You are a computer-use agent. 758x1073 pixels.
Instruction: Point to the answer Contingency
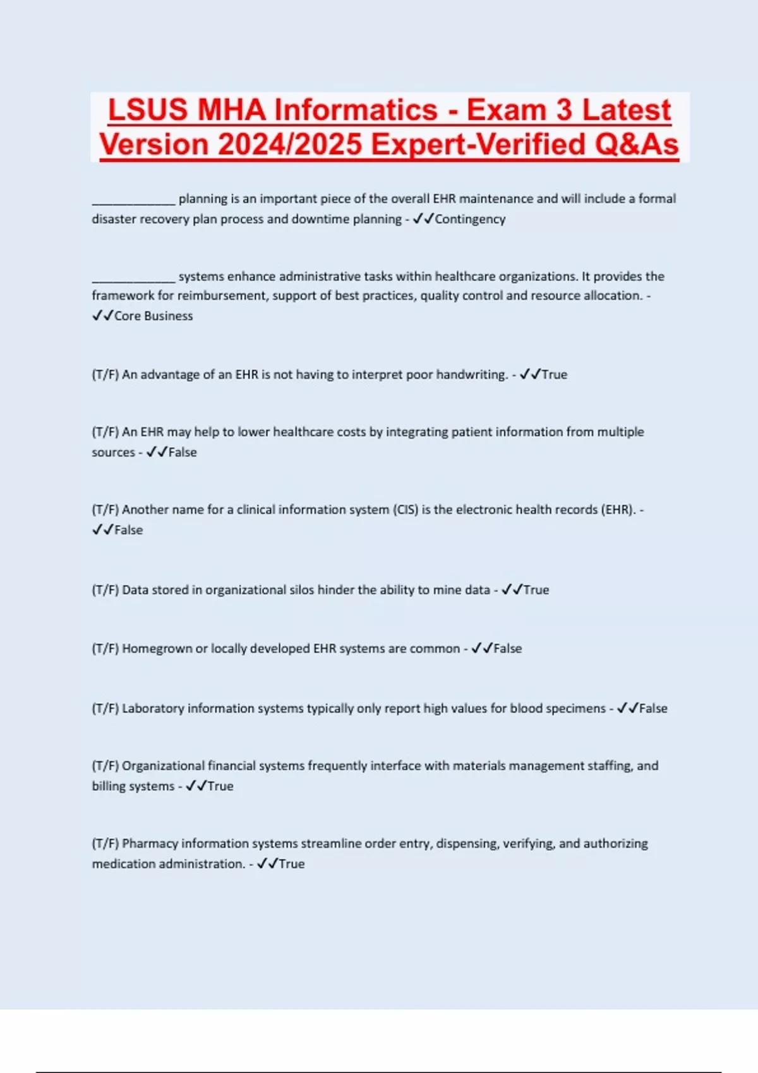(x=470, y=219)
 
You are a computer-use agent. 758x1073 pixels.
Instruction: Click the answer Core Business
(x=153, y=316)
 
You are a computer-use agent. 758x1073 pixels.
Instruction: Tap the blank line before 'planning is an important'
(x=133, y=201)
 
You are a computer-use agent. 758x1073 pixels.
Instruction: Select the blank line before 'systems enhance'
(x=133, y=278)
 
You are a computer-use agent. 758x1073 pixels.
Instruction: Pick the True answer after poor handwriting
(x=555, y=374)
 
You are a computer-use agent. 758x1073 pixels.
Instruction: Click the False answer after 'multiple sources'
(x=183, y=452)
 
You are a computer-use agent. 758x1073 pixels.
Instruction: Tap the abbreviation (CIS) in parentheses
(x=406, y=509)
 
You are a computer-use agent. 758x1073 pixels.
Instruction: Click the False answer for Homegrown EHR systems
(x=508, y=648)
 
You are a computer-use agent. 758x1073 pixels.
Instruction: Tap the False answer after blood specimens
(x=653, y=708)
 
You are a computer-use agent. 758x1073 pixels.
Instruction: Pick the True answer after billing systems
(x=220, y=786)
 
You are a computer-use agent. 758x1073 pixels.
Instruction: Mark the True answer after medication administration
(x=292, y=863)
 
